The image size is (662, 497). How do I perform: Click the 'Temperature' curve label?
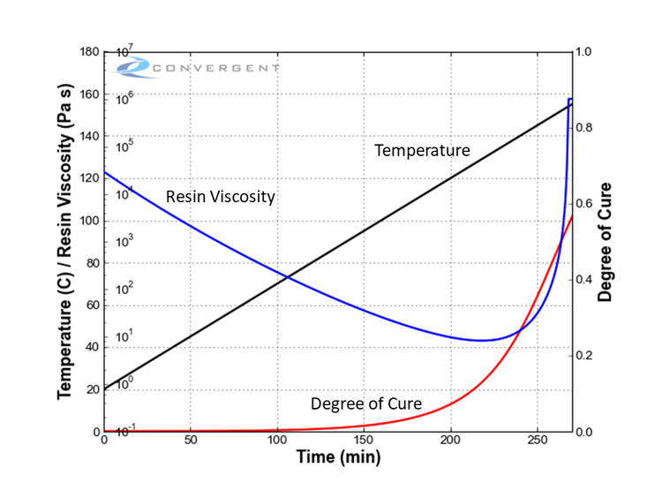coord(422,150)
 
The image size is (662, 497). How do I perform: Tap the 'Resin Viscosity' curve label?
coord(220,196)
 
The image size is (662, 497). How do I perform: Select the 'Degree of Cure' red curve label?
coord(365,404)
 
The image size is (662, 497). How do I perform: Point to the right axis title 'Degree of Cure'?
coord(606,242)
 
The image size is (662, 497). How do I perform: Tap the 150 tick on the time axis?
coord(365,441)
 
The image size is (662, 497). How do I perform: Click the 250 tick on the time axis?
coord(538,441)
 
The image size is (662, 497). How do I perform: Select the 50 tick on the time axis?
coord(191,441)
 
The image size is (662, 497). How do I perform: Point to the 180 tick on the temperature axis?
coord(88,51)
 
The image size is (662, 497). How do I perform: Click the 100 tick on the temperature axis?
coord(88,221)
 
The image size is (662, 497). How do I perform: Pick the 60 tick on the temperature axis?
coord(91,305)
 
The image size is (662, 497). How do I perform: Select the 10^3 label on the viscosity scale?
coord(124,239)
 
